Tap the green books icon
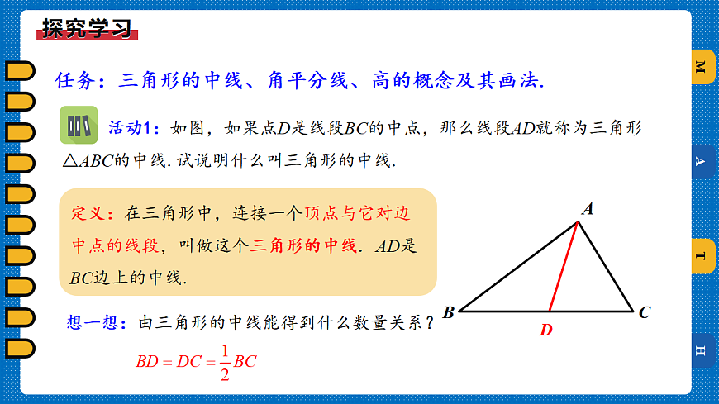click(x=79, y=126)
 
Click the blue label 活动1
click(x=133, y=128)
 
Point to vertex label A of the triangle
click(x=588, y=210)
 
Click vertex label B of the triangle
click(x=448, y=312)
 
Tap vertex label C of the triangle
click(x=645, y=312)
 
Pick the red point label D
click(x=546, y=330)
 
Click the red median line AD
click(x=564, y=265)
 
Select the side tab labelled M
click(x=702, y=67)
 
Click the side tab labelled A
click(x=702, y=162)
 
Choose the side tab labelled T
click(x=702, y=256)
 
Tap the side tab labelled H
click(x=702, y=351)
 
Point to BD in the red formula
click(x=147, y=361)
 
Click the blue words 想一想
click(x=91, y=322)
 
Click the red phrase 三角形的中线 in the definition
click(x=304, y=245)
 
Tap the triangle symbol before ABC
click(x=69, y=160)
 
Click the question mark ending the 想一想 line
click(x=428, y=322)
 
